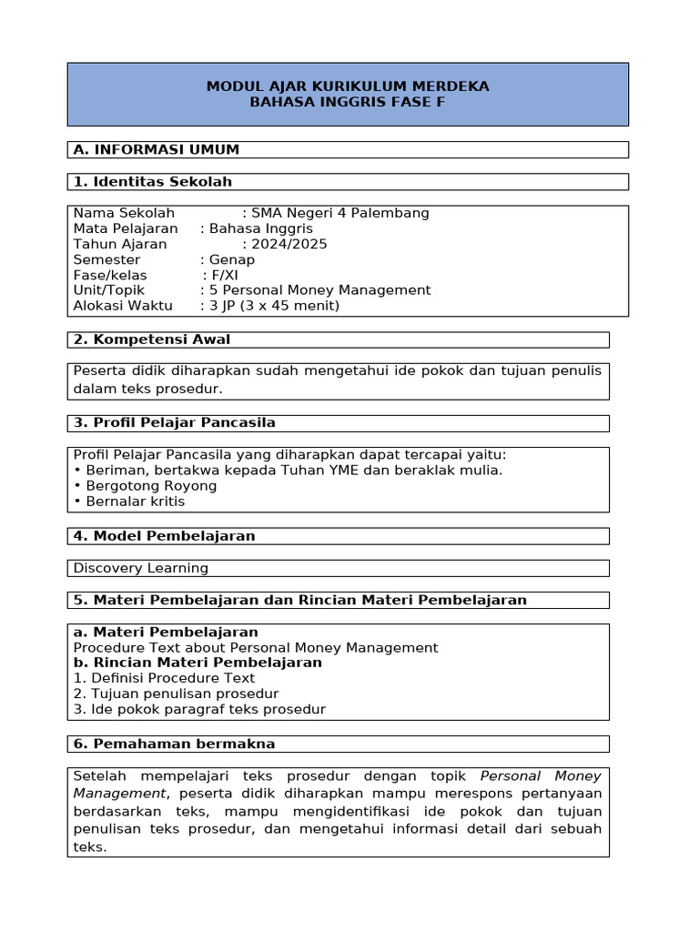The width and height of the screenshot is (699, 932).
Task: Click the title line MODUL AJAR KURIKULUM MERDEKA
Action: tap(348, 86)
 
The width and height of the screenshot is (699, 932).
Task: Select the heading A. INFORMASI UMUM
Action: tap(157, 149)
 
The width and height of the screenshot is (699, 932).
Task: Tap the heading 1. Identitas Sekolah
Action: tap(153, 182)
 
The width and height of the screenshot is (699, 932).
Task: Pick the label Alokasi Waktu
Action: tap(123, 306)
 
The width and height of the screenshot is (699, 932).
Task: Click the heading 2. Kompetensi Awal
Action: tap(152, 339)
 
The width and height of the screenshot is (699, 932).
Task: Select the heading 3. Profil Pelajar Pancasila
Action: tap(175, 422)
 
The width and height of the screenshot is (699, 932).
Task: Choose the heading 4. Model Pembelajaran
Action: tap(165, 536)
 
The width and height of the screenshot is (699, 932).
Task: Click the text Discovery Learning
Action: tap(141, 568)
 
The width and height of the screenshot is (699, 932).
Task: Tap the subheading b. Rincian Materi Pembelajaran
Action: tap(198, 663)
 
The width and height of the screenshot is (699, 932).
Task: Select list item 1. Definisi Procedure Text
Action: tap(164, 678)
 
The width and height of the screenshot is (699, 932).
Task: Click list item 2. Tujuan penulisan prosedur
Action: tap(176, 694)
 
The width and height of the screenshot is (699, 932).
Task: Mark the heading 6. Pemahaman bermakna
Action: tap(174, 744)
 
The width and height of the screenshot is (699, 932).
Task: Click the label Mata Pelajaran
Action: tap(126, 228)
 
